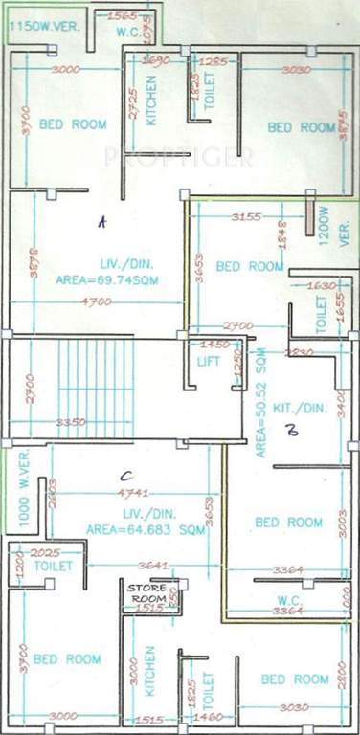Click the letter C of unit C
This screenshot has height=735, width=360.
[124, 474]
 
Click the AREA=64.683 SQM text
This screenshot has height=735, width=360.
[146, 528]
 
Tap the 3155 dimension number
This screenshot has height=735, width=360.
[246, 218]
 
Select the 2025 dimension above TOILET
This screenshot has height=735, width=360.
[44, 553]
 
